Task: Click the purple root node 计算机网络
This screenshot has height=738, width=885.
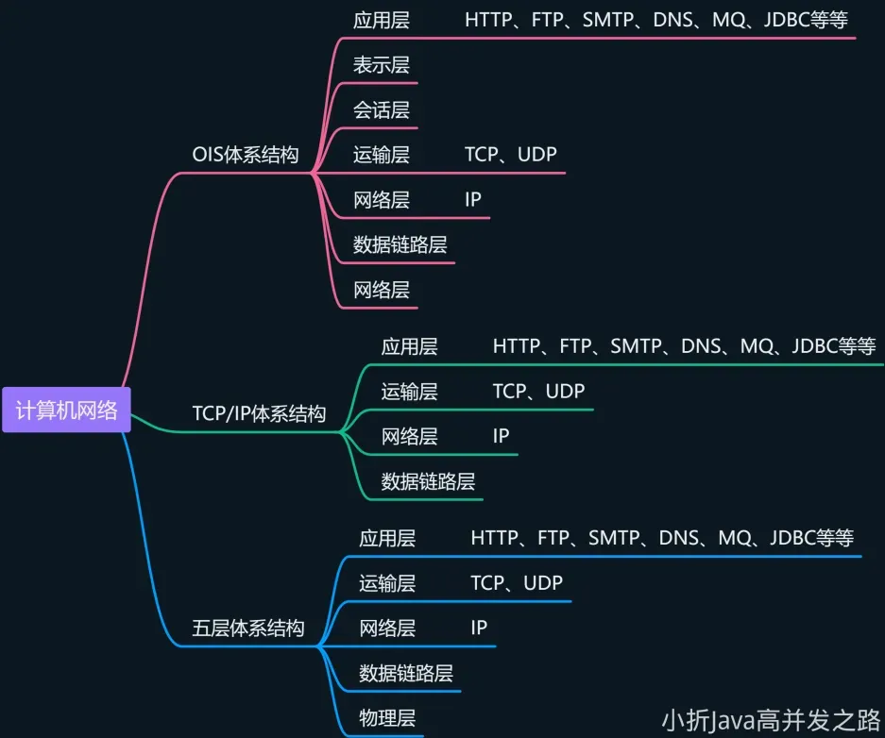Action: pos(66,410)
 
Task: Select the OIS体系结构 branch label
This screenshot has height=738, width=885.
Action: pos(245,156)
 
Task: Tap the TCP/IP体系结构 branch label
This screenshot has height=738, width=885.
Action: pos(259,413)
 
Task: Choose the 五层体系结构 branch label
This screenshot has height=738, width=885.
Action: pos(248,628)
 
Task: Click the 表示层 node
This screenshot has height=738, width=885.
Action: pos(381,65)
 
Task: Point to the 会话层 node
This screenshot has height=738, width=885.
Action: pos(381,109)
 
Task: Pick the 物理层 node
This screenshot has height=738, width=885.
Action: pos(387,716)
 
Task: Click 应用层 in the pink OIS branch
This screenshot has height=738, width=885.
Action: pos(381,20)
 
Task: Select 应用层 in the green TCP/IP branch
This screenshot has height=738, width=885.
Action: pos(409,346)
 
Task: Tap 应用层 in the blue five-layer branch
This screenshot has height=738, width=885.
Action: pos(387,538)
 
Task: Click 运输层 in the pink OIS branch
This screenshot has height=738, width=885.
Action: pos(381,155)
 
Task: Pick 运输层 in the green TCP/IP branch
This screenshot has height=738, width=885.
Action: pos(409,391)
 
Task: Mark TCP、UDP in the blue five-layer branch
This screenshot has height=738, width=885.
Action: pos(517,583)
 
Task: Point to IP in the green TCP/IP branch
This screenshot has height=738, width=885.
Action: pos(501,436)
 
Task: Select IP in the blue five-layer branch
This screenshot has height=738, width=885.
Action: pos(479,628)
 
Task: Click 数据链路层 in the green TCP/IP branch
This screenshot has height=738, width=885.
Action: pos(428,481)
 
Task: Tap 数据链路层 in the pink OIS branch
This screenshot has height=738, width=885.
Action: pos(400,245)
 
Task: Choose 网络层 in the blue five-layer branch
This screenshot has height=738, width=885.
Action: pos(387,628)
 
